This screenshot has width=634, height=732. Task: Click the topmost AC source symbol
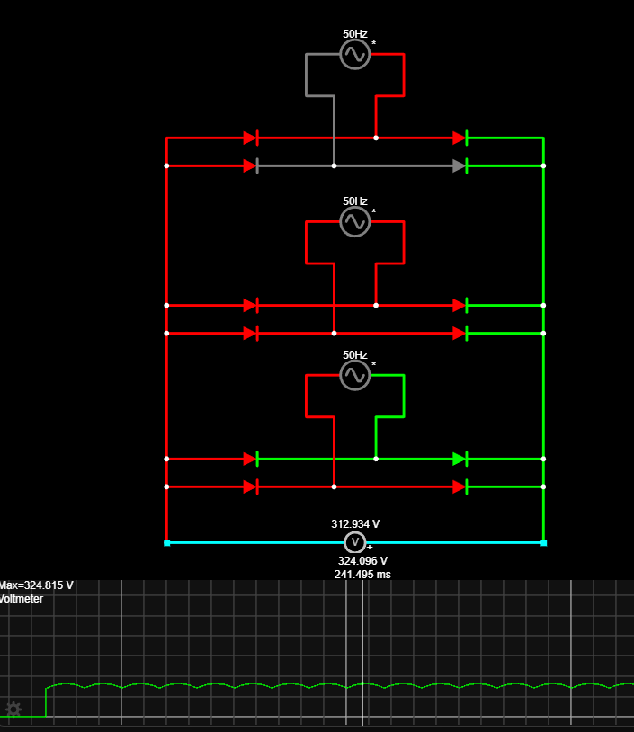click(x=354, y=55)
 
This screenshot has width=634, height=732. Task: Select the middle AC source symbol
click(x=354, y=221)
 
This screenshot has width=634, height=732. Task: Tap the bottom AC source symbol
click(x=354, y=375)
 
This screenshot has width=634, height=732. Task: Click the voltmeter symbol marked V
click(x=355, y=542)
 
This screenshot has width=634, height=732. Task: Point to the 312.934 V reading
click(x=355, y=523)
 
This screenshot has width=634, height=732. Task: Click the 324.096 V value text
click(x=362, y=560)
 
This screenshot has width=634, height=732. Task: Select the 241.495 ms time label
click(x=362, y=574)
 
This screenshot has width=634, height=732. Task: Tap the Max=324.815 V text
click(x=37, y=585)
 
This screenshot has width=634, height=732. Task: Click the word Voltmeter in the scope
click(x=21, y=599)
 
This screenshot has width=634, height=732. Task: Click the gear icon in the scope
click(x=13, y=709)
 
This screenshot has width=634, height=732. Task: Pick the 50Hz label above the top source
click(x=355, y=34)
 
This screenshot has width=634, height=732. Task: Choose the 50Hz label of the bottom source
click(x=355, y=355)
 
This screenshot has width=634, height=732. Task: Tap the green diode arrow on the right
click(x=459, y=459)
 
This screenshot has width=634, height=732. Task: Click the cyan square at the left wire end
click(x=166, y=542)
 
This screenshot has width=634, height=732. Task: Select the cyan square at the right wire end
click(x=543, y=542)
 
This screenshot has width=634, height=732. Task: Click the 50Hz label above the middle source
click(x=355, y=201)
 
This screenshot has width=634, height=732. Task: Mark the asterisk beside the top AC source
click(x=374, y=43)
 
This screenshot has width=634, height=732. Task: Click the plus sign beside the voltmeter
click(x=370, y=547)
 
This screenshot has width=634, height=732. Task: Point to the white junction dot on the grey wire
click(x=334, y=165)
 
